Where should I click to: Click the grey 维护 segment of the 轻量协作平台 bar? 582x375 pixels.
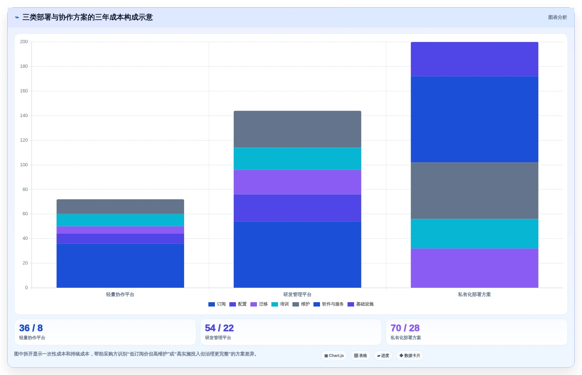(120, 207)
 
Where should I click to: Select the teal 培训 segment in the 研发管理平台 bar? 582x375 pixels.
(297, 159)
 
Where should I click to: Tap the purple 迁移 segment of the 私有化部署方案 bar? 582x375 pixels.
(474, 268)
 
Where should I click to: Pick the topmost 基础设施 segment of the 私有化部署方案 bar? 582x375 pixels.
(474, 59)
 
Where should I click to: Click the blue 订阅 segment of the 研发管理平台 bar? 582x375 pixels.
(297, 254)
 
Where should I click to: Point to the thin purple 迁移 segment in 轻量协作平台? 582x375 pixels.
(120, 230)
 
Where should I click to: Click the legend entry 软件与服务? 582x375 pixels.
(328, 304)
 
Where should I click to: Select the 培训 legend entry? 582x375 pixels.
(280, 304)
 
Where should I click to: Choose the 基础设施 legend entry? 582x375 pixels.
(361, 304)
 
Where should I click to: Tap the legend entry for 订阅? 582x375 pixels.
(217, 304)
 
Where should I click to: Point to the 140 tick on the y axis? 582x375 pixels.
(24, 116)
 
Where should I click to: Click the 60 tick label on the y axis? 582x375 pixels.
(25, 214)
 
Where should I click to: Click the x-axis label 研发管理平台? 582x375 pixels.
(297, 295)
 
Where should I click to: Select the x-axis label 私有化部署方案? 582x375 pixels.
(474, 295)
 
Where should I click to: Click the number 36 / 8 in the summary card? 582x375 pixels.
(31, 328)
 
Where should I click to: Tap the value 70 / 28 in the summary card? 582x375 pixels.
(405, 328)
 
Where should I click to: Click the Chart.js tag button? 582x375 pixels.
(334, 355)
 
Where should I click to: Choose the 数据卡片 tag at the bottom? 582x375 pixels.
(410, 355)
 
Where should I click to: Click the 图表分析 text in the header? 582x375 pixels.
(558, 17)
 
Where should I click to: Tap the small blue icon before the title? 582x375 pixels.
(17, 17)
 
